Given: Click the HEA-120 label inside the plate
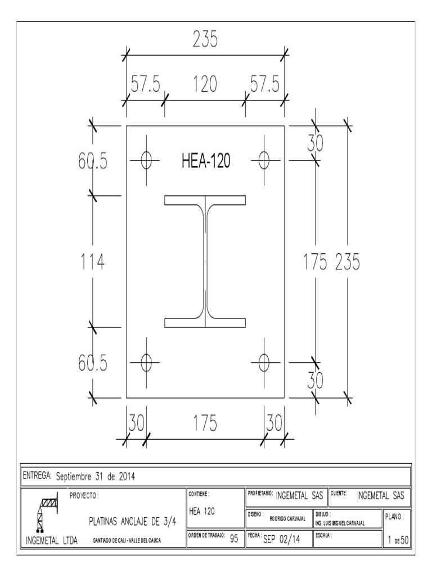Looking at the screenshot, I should click(205, 161).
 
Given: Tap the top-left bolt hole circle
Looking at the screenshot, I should click(146, 160).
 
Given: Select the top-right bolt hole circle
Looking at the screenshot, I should click(263, 160).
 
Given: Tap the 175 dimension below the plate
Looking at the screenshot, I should click(205, 424).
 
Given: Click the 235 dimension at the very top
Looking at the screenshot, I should click(206, 39).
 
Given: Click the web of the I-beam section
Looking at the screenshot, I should click(205, 261).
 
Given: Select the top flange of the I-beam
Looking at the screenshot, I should click(205, 200).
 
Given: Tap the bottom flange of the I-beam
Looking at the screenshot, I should click(205, 322).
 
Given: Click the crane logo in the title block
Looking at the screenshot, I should click(44, 514).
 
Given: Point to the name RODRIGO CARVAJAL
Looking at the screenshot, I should click(287, 519).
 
